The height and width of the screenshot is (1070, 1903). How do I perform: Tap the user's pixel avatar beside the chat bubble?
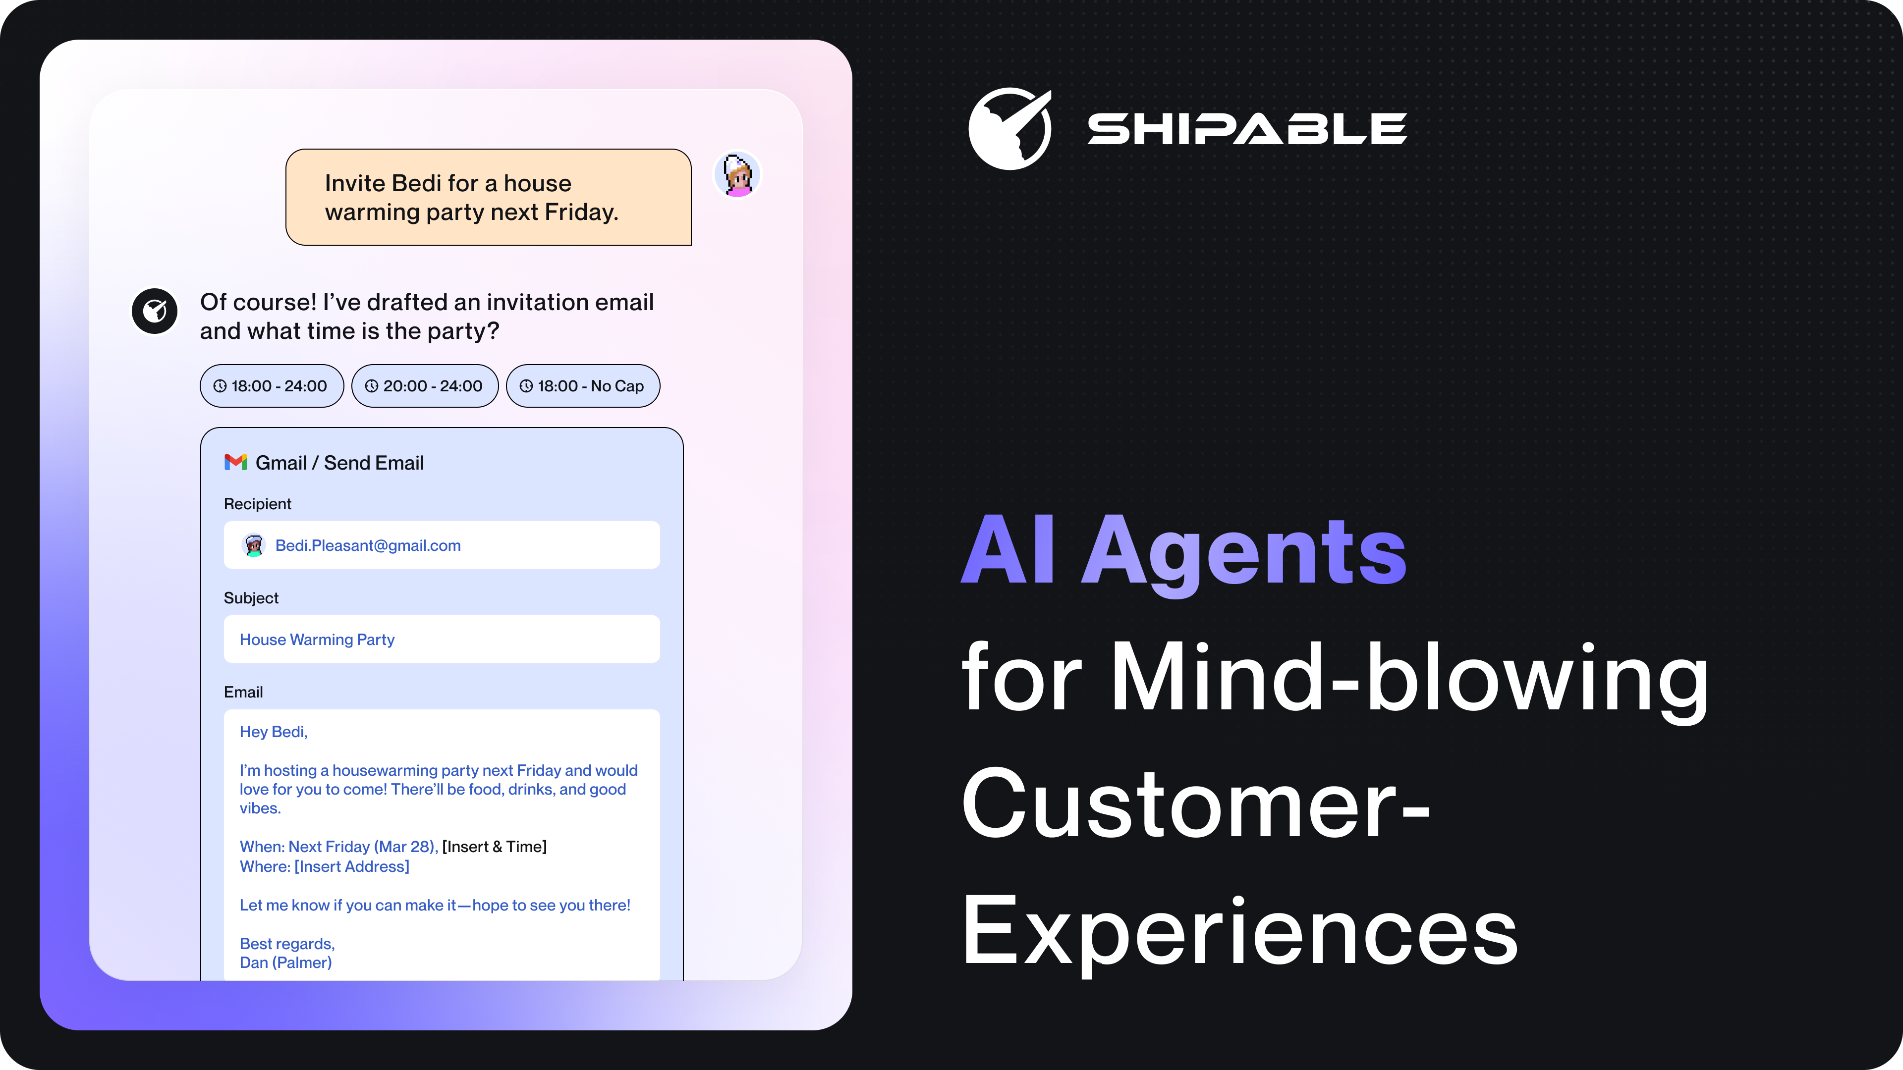tap(737, 175)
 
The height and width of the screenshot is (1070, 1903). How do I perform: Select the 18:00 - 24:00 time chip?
tap(272, 385)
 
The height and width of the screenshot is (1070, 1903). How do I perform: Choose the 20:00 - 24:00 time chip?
tap(425, 385)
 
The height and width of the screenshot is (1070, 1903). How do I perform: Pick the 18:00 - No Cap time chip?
tap(583, 385)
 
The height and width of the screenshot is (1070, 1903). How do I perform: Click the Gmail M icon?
tap(236, 462)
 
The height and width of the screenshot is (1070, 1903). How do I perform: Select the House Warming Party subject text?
tap(317, 640)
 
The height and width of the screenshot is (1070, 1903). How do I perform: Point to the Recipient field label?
tap(258, 504)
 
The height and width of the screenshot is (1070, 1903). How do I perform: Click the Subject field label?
tap(251, 597)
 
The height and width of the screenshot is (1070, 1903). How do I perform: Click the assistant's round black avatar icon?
tap(155, 311)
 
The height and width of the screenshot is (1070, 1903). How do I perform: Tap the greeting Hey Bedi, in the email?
tap(274, 732)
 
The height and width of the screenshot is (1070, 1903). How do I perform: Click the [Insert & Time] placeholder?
tap(494, 846)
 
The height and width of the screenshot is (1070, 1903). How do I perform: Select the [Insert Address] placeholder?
tap(352, 866)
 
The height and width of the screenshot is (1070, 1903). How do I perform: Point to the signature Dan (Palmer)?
tap(286, 962)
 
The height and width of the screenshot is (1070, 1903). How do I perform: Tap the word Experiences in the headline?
tap(1239, 932)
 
